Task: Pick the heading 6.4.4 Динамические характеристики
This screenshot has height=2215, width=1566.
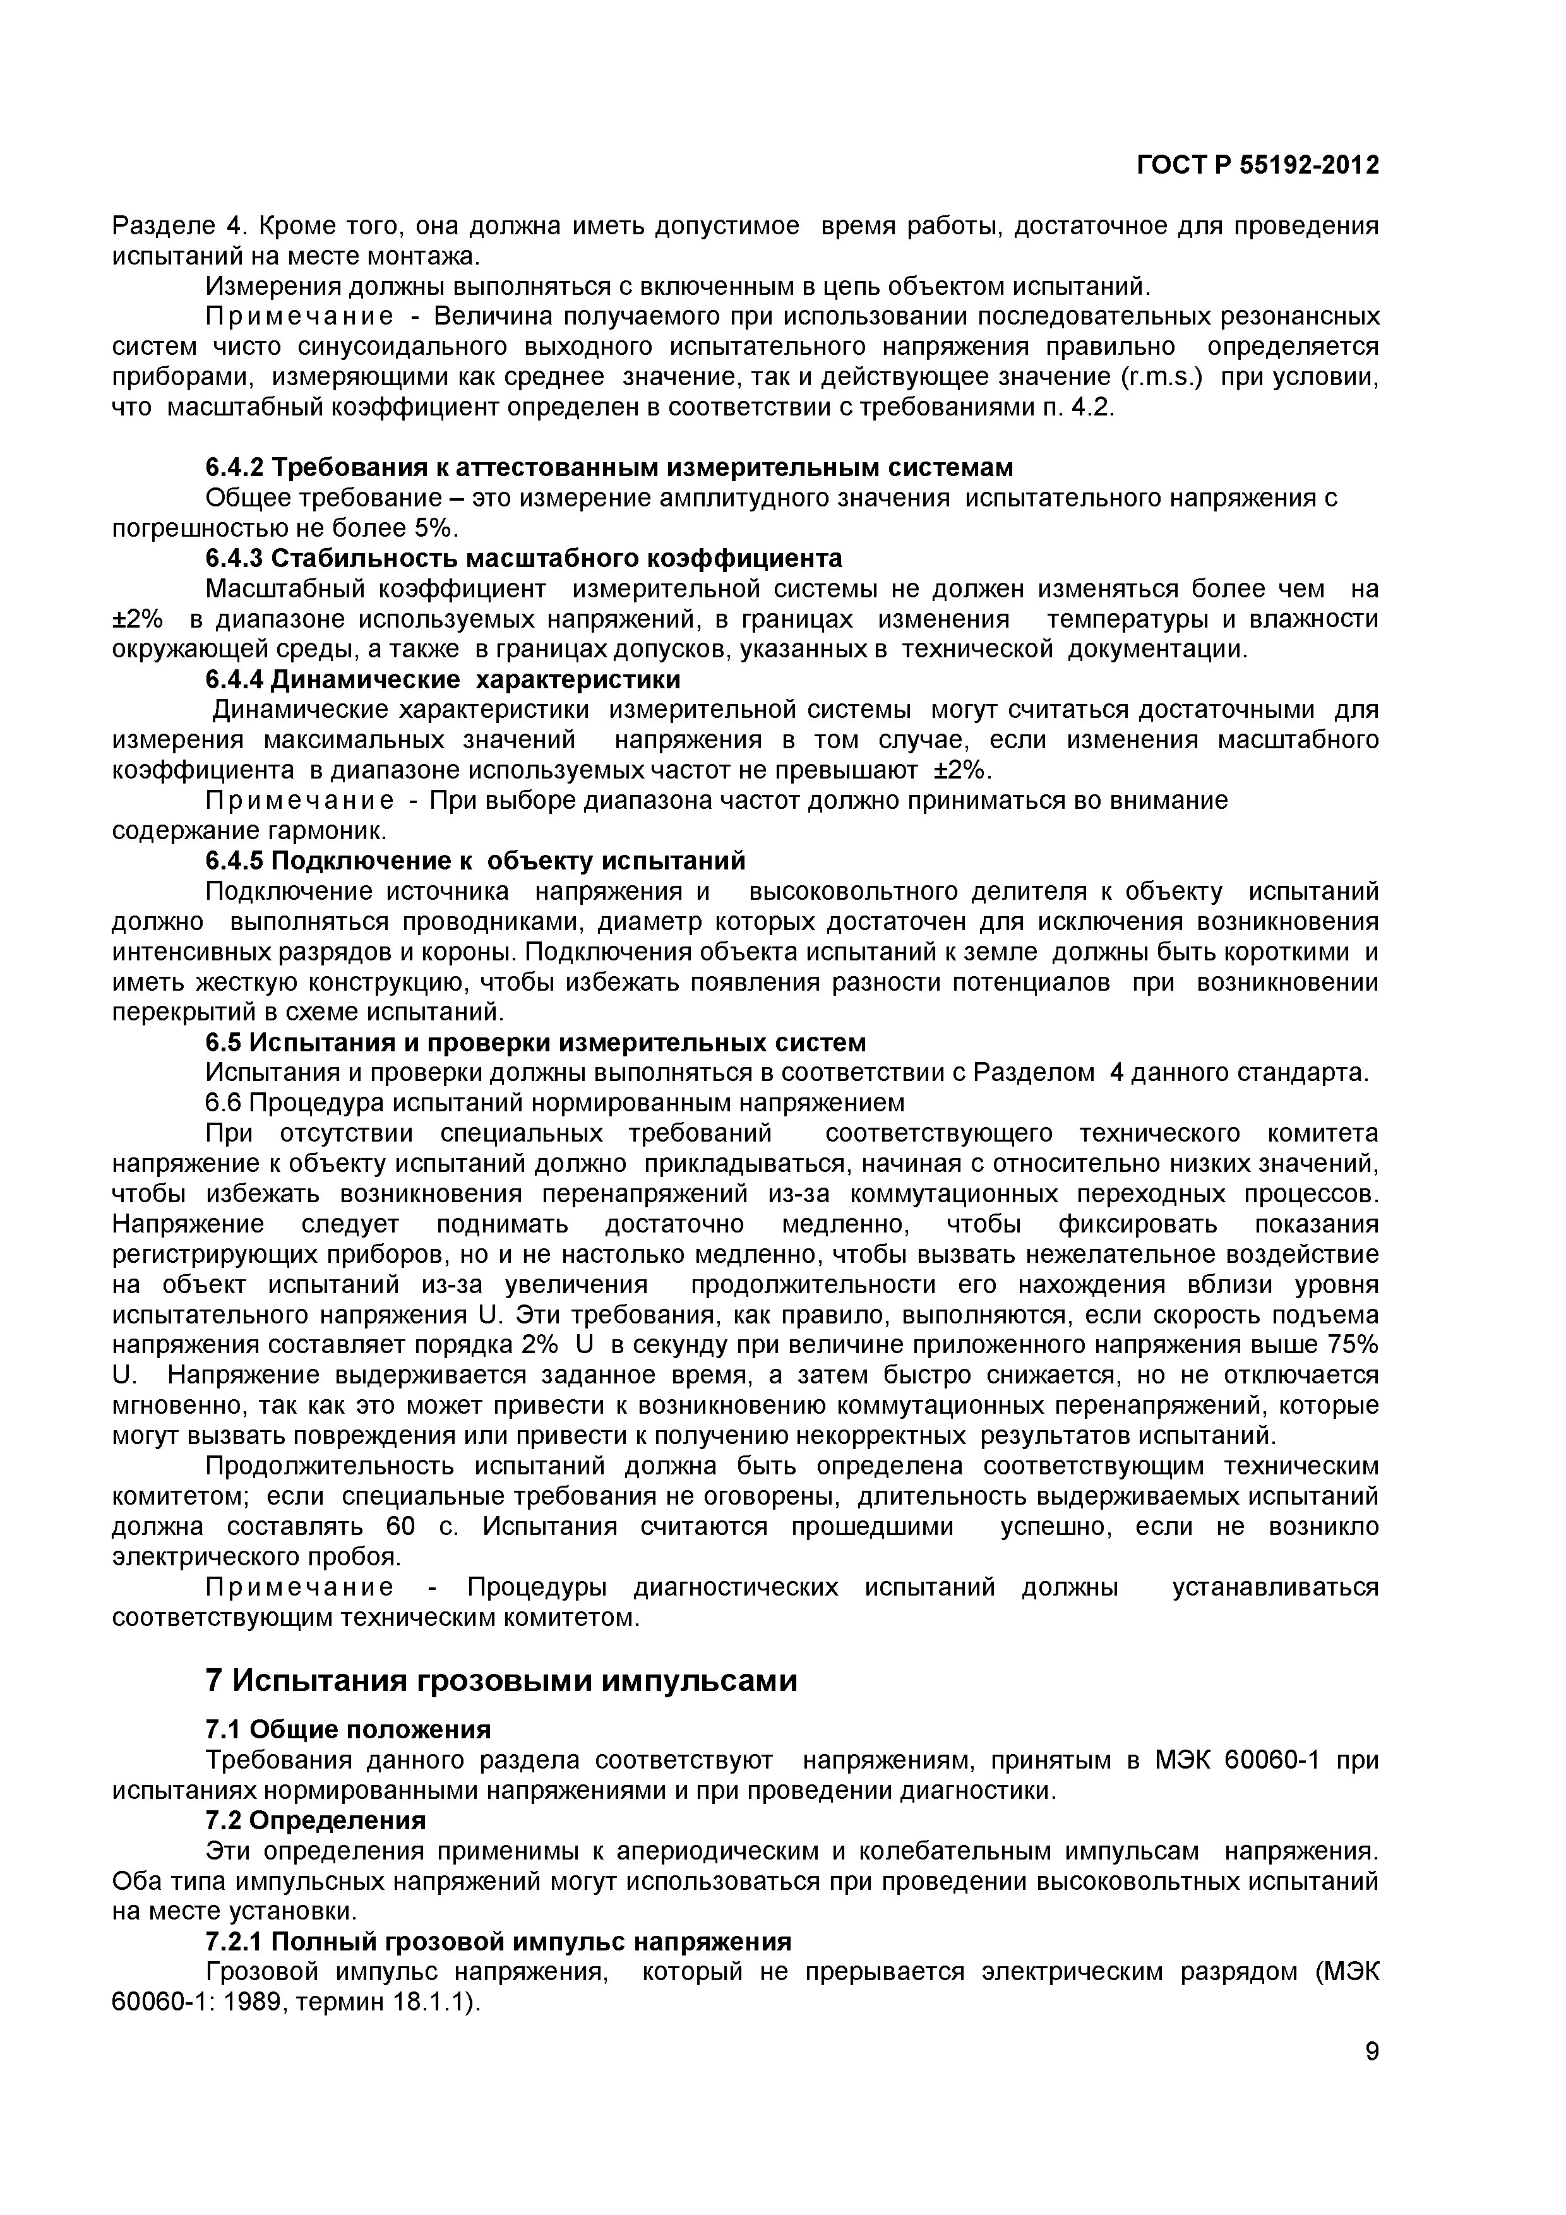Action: [x=442, y=679]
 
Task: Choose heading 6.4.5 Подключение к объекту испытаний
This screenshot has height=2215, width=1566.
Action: [x=475, y=861]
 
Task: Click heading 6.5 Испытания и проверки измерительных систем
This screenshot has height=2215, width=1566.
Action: [x=535, y=1043]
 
